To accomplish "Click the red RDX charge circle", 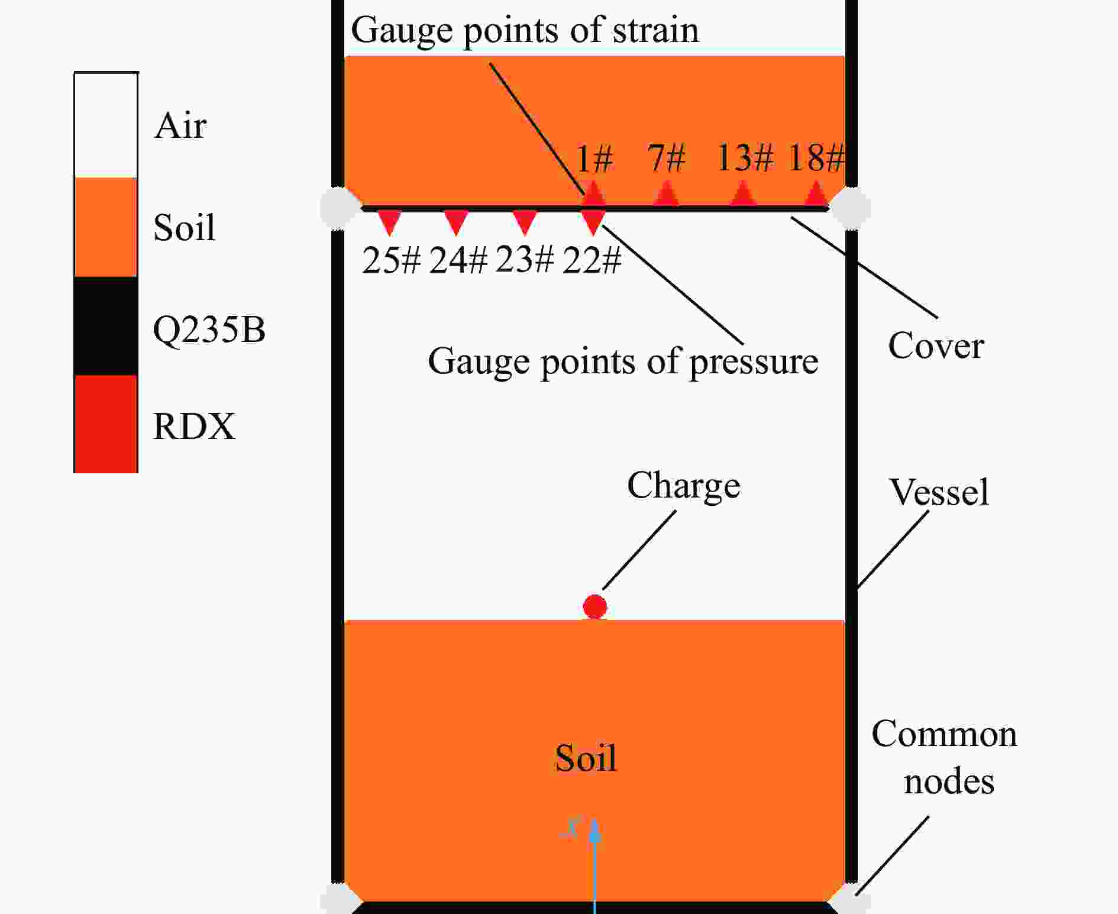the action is (x=594, y=606).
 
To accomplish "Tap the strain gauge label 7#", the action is (x=666, y=158).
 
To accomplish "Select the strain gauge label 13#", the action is (x=745, y=158).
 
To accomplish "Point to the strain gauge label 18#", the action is (x=816, y=158).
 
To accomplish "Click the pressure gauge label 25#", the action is (x=391, y=260).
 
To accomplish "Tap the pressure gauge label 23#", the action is (x=525, y=260).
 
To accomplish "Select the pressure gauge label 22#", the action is (x=592, y=260).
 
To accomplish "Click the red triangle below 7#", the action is (x=667, y=194).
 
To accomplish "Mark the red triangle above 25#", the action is (x=389, y=222).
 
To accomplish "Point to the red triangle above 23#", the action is (x=525, y=222).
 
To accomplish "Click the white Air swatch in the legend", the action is (x=106, y=125).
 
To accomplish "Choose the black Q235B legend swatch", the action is (x=106, y=326).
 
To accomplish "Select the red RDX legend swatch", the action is (x=106, y=424).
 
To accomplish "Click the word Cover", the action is (x=936, y=345).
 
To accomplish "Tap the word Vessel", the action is (x=939, y=492).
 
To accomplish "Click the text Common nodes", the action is (x=945, y=757).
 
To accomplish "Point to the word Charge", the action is (x=684, y=487).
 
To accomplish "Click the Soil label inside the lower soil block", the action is (x=586, y=758).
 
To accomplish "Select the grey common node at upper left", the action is (x=339, y=208).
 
